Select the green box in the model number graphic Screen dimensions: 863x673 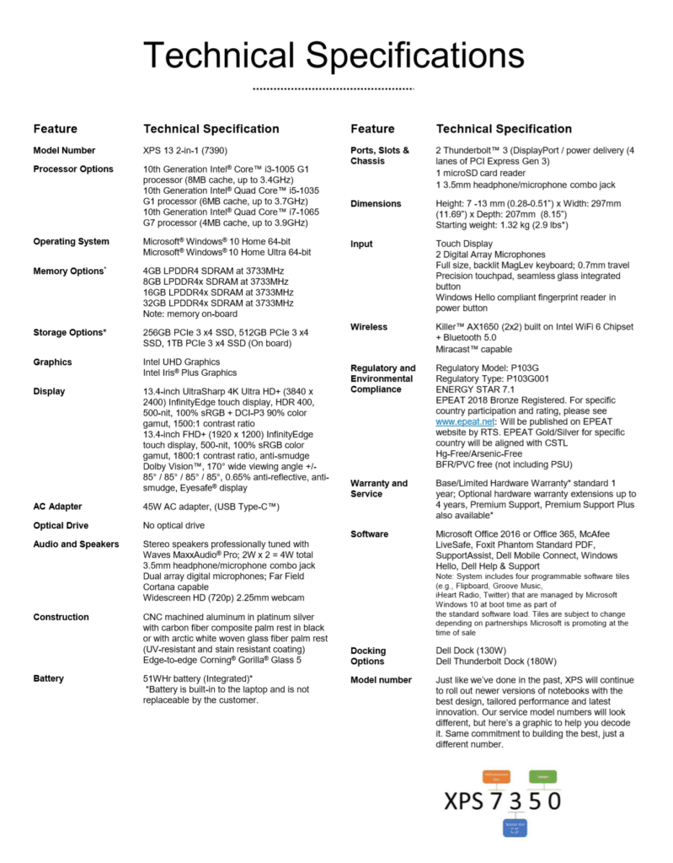pos(542,775)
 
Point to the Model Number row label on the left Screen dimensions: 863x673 pos(65,151)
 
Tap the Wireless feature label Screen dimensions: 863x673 pos(369,327)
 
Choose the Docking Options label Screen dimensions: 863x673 pos(369,657)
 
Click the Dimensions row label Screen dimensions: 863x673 pos(376,204)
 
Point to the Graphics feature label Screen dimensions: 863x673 pos(52,362)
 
